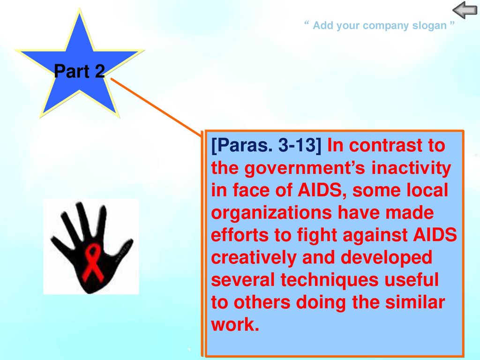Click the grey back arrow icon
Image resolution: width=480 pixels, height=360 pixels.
click(x=465, y=10)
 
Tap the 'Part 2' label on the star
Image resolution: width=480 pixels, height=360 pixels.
click(x=80, y=71)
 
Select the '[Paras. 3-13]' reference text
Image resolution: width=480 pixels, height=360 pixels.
click(x=266, y=145)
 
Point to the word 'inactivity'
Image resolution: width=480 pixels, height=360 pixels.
click(x=411, y=168)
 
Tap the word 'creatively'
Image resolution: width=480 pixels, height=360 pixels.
click(x=254, y=257)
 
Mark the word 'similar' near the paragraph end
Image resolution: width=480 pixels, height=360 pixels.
click(x=415, y=302)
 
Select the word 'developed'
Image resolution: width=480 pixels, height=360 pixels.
click(x=386, y=257)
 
